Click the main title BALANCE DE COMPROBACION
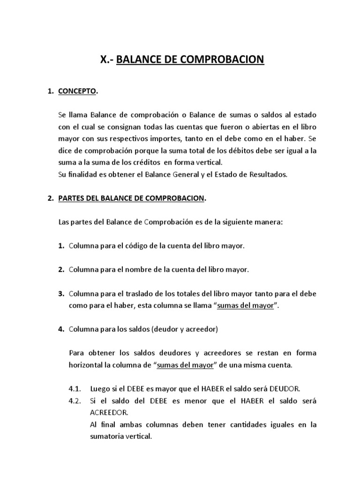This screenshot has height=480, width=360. click(x=190, y=60)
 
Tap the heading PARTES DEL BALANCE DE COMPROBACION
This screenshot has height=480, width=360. click(x=131, y=198)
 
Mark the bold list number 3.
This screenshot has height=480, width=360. click(x=61, y=294)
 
